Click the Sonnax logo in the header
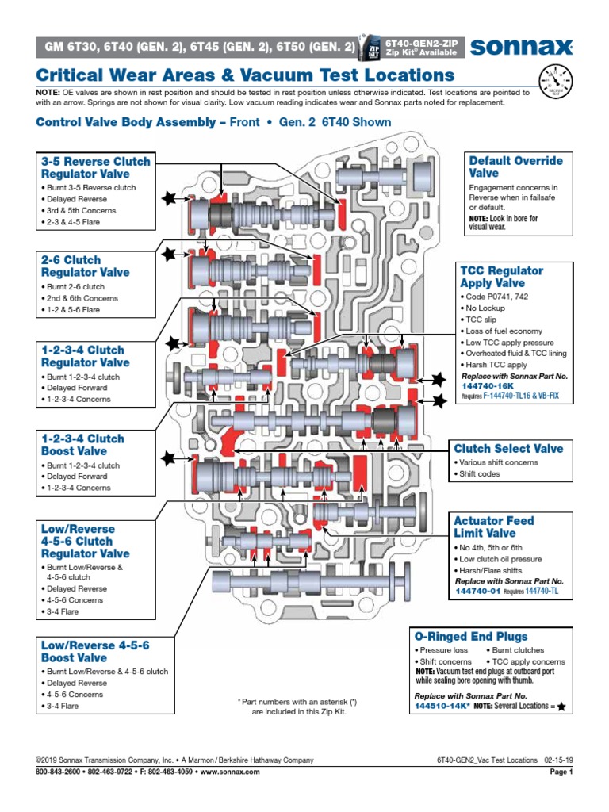pos(522,48)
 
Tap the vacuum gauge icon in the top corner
pos(555,82)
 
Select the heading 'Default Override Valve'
pos(515,167)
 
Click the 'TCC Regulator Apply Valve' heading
pos(502,277)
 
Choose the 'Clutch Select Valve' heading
pos(508,449)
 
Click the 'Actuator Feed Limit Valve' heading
pos(493,527)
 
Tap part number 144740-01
pos(477,591)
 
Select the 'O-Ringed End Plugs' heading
pos(471,637)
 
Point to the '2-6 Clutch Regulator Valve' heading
pos(85,266)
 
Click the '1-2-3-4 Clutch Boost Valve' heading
pos(82,445)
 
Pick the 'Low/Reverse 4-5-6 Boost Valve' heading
pos(95,652)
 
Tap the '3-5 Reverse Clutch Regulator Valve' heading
pos(95,167)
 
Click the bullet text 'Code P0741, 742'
pos(496,296)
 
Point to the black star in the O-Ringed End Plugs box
pos(562,707)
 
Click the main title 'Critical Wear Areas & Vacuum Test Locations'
pos(246,75)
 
